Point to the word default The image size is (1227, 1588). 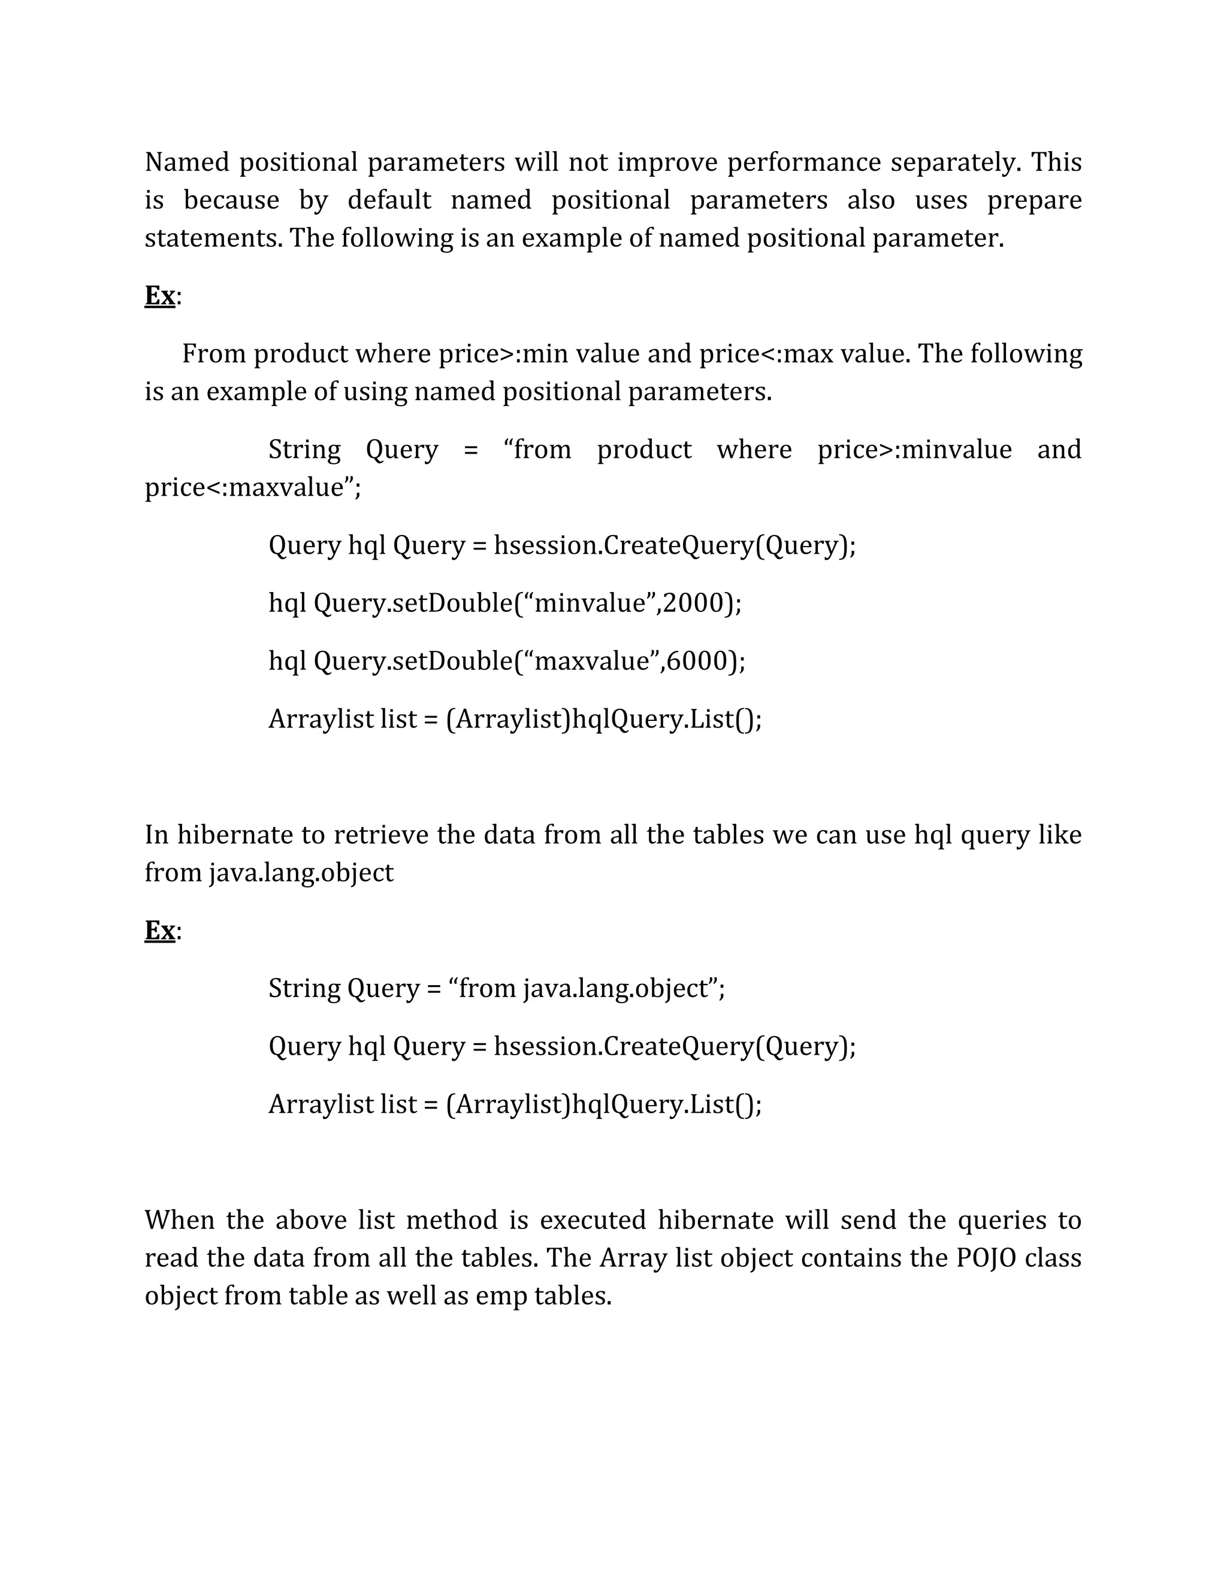tap(389, 200)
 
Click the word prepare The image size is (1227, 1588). tap(1033, 200)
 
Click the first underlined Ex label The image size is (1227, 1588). tap(160, 296)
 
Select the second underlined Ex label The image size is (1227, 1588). tap(160, 931)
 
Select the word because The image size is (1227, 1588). tap(231, 200)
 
